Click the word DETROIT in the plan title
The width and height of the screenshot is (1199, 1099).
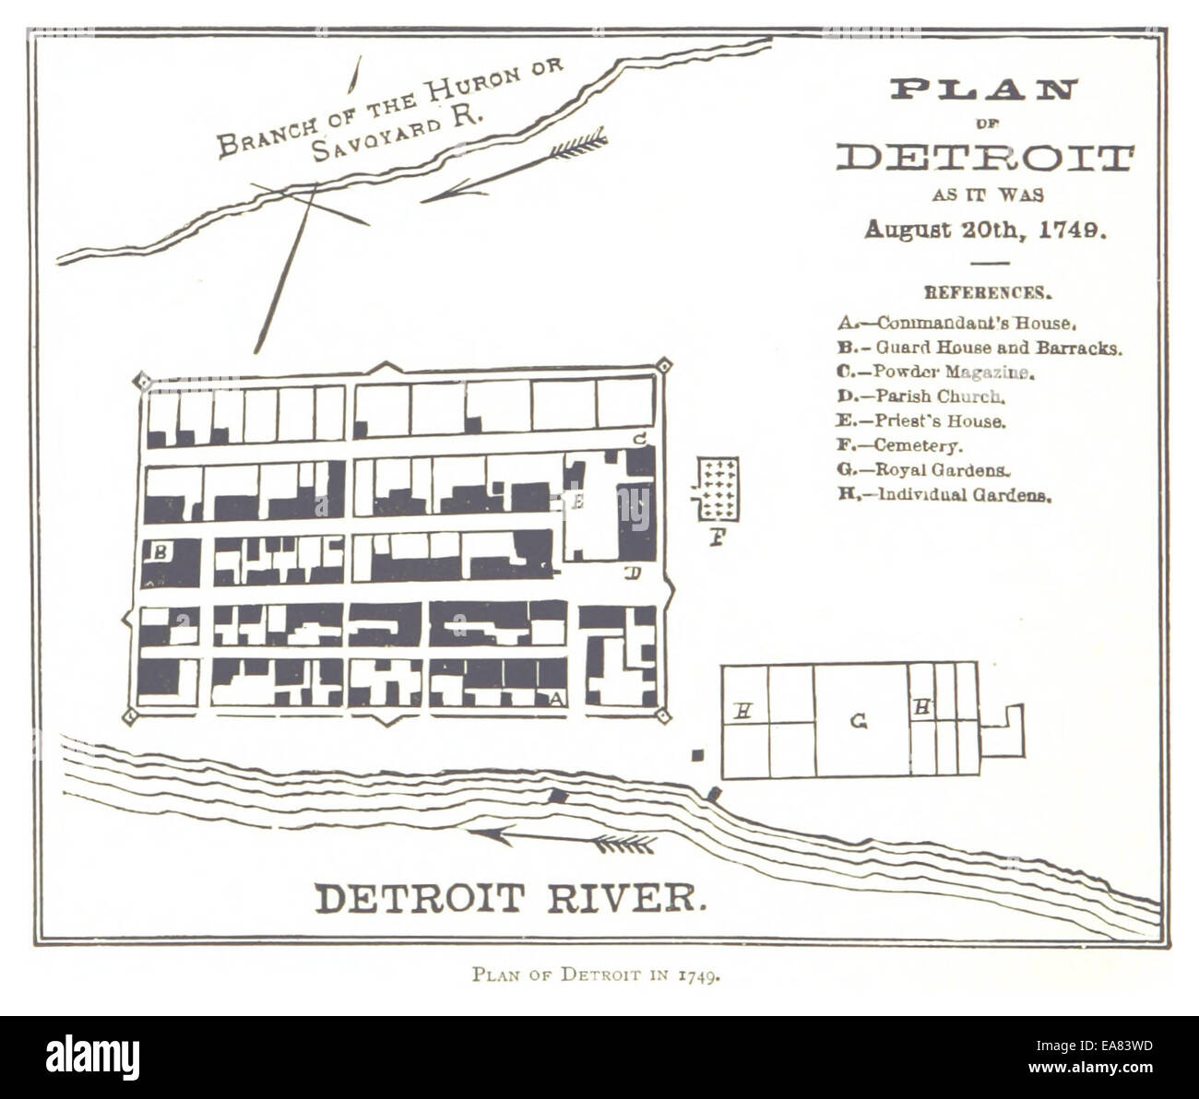pyautogui.click(x=984, y=158)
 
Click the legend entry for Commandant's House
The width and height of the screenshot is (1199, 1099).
pyautogui.click(x=957, y=324)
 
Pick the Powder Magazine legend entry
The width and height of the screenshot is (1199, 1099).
pyautogui.click(x=936, y=372)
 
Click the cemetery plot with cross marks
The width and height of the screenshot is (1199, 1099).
pyautogui.click(x=717, y=489)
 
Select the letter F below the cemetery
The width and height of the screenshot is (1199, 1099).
pyautogui.click(x=717, y=536)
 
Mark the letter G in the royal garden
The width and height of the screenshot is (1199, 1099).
pyautogui.click(x=859, y=722)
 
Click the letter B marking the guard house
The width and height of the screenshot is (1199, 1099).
pyautogui.click(x=160, y=552)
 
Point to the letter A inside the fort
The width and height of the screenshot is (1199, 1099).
pyautogui.click(x=555, y=699)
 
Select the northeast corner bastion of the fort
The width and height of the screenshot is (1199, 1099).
pyautogui.click(x=663, y=366)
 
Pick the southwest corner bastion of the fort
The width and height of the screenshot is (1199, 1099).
pyautogui.click(x=130, y=715)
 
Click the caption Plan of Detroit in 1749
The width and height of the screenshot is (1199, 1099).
pyautogui.click(x=595, y=975)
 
